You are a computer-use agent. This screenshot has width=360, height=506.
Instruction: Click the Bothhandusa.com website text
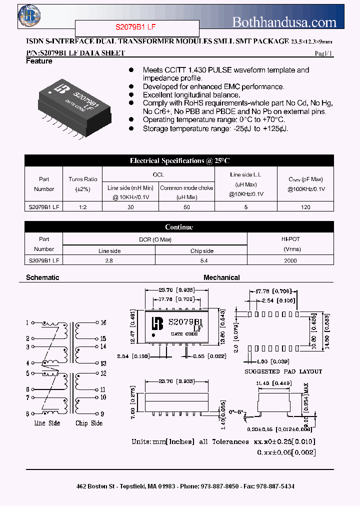click(x=284, y=22)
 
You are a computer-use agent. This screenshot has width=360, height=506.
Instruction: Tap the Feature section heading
click(x=39, y=61)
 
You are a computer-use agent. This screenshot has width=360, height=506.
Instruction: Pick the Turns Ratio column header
click(x=83, y=183)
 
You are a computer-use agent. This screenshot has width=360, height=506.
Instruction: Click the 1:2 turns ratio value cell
click(x=83, y=206)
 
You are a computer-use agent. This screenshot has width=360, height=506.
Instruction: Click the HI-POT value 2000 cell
click(x=290, y=260)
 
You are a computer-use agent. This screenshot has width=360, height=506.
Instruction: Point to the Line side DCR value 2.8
click(x=109, y=260)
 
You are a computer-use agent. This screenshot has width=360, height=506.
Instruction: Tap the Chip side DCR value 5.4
click(x=201, y=260)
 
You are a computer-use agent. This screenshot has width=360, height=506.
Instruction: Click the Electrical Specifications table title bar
click(x=179, y=160)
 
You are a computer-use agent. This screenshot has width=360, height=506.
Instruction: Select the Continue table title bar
click(x=179, y=227)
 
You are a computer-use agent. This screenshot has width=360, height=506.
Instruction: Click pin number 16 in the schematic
click(x=103, y=323)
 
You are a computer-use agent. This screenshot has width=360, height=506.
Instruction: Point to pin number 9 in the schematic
click(x=101, y=413)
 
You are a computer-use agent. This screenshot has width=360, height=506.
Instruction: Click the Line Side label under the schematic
click(x=47, y=423)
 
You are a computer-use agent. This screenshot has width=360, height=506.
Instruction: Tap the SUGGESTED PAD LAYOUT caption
click(x=283, y=371)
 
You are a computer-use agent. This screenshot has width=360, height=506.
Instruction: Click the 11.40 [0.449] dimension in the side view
click(x=273, y=383)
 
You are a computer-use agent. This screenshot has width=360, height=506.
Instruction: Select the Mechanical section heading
click(x=221, y=277)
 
